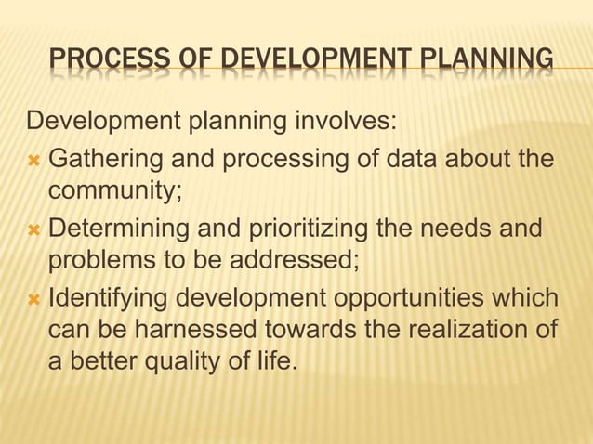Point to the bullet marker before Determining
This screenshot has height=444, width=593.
pyautogui.click(x=34, y=229)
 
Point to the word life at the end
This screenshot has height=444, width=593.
pyautogui.click(x=274, y=362)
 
